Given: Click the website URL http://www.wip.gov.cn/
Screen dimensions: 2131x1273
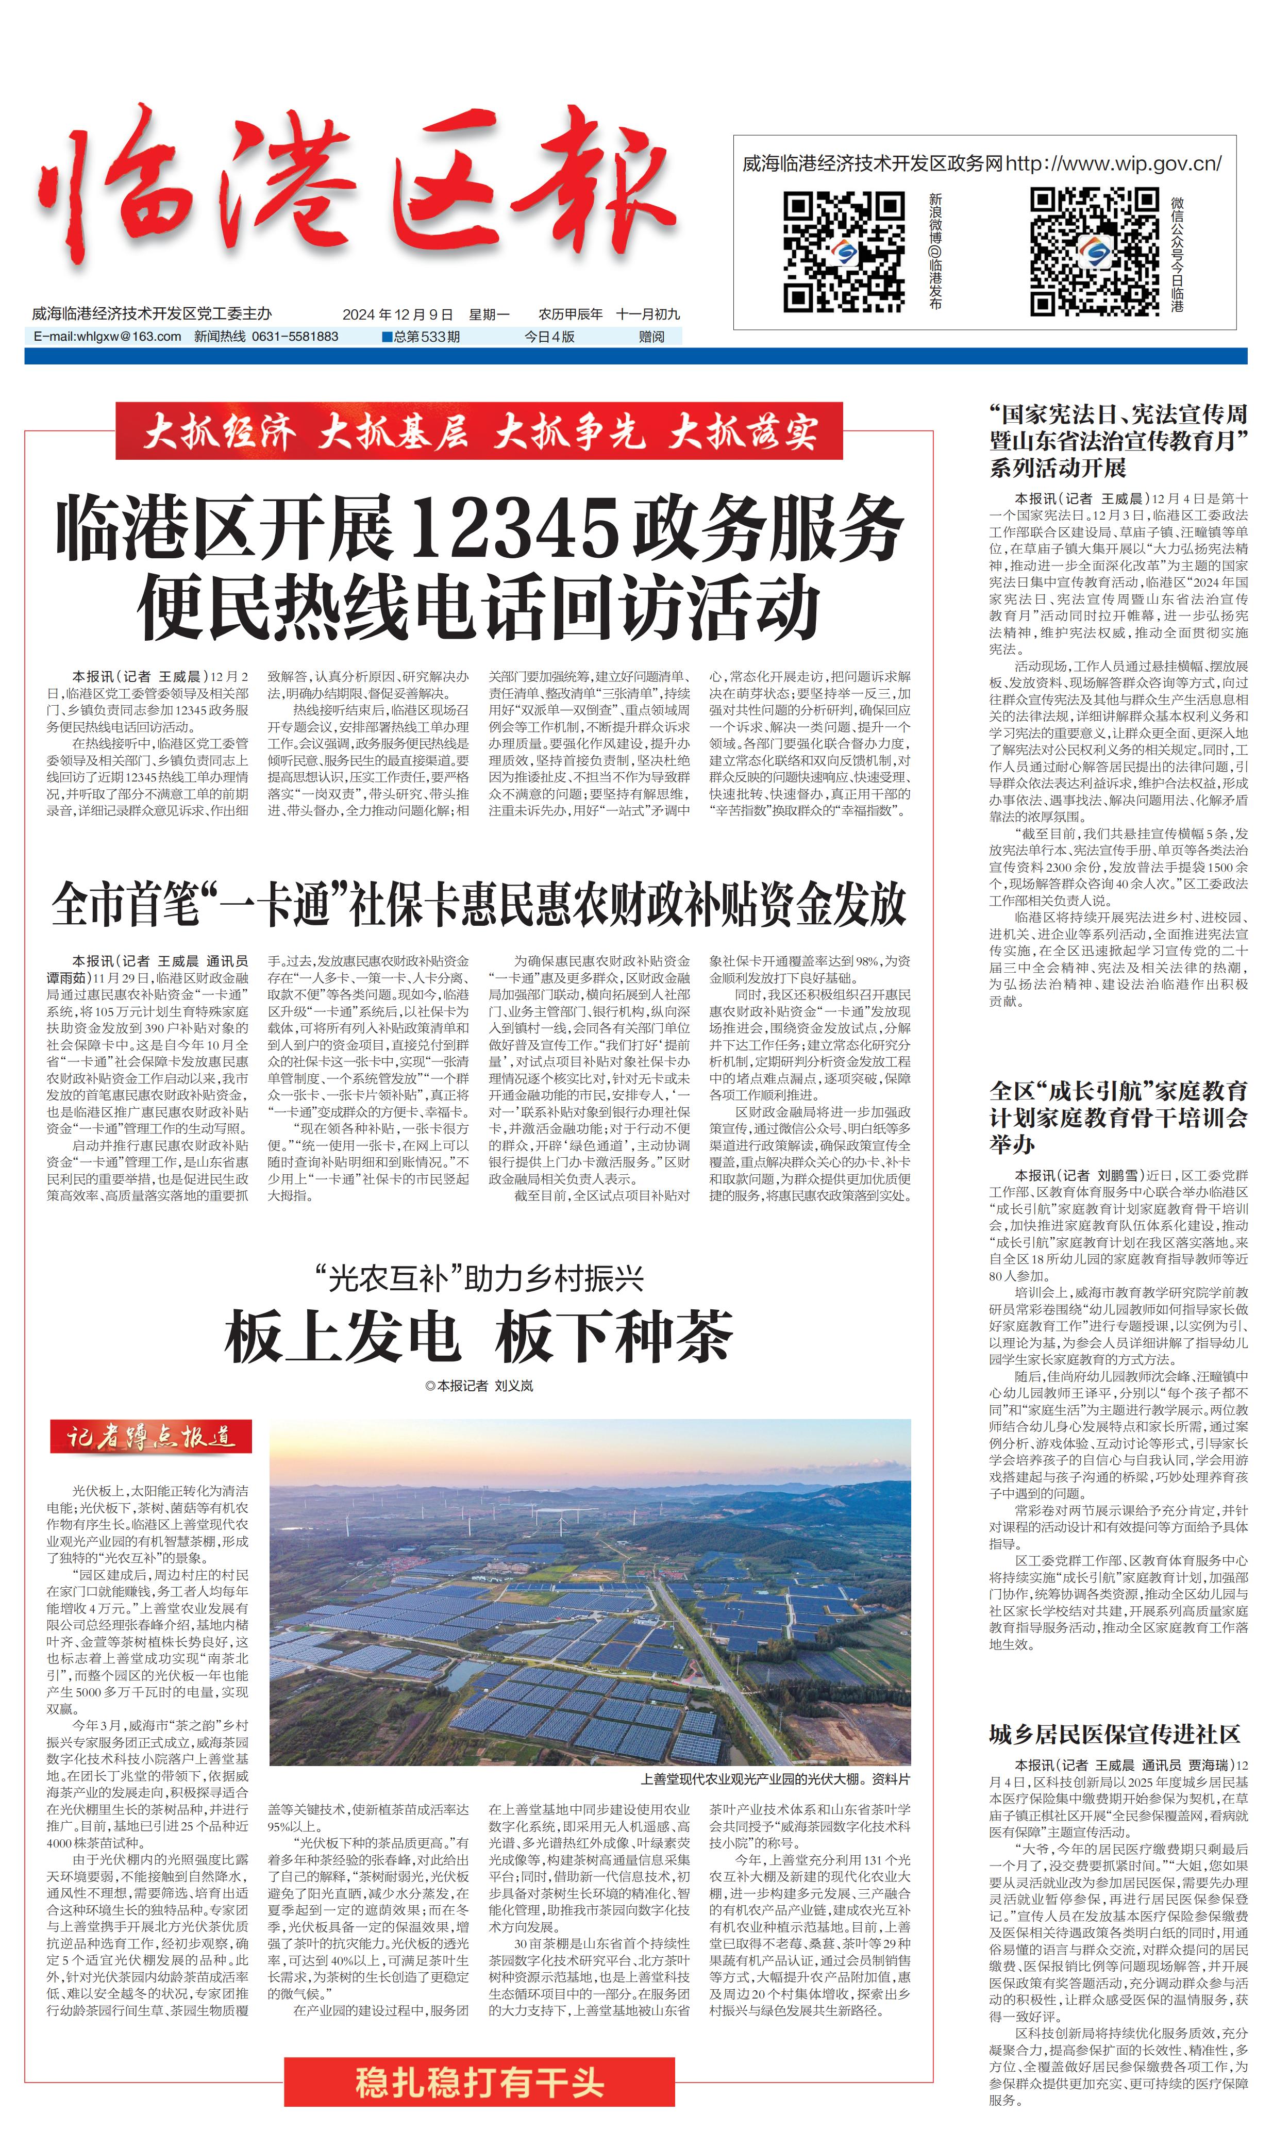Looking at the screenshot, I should [1113, 163].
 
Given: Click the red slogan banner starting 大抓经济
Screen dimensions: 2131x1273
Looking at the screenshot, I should [479, 431].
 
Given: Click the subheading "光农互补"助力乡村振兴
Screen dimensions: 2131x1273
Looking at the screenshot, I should [479, 1278].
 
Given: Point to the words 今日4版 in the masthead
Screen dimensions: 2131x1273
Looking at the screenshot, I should [549, 336].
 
